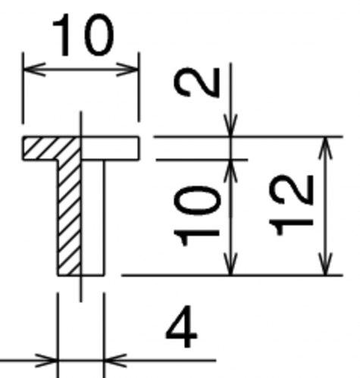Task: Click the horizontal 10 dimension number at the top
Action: click(83, 35)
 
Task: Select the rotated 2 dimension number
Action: click(196, 82)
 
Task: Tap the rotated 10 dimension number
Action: click(196, 216)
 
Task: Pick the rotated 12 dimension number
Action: click(291, 205)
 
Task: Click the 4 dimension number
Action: click(181, 326)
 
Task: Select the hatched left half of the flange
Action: click(52, 148)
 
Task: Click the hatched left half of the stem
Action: click(69, 217)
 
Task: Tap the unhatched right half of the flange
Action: click(110, 148)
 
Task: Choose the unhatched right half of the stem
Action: click(92, 217)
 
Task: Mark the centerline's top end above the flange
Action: click(81, 111)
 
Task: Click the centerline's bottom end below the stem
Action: click(81, 301)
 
